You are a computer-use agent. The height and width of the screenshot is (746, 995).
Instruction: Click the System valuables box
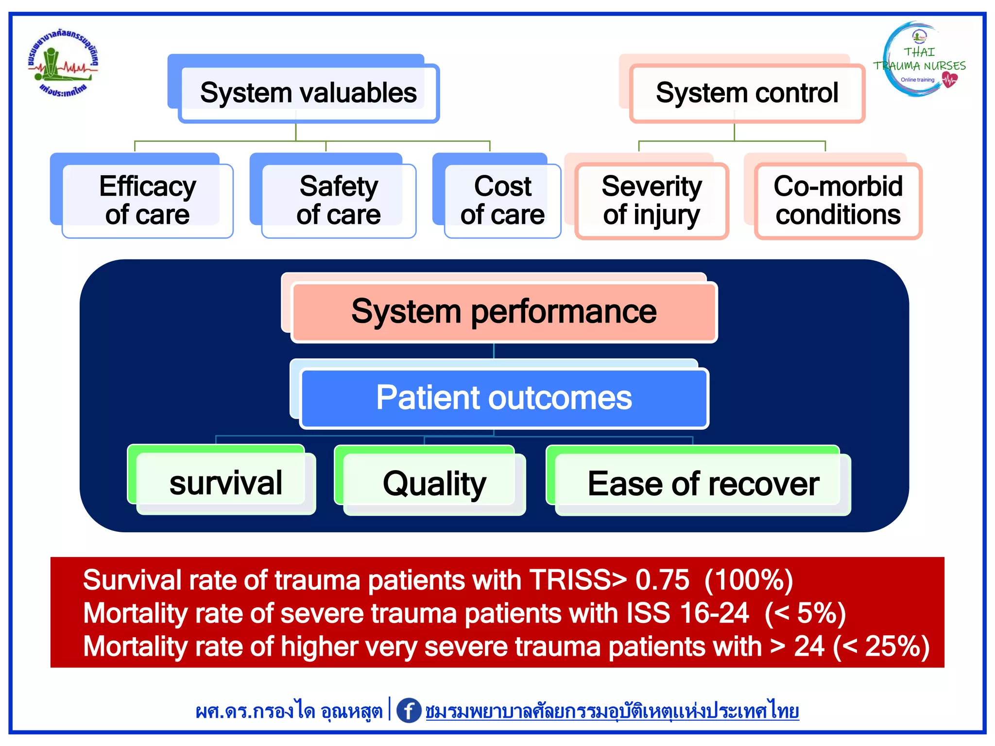coord(309,93)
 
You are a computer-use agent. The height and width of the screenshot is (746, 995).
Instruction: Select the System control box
coord(747,93)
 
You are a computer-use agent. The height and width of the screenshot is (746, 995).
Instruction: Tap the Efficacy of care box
coord(147,200)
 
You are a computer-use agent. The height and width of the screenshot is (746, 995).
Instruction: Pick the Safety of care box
coord(339,200)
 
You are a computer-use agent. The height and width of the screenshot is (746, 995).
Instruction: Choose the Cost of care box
coord(502,200)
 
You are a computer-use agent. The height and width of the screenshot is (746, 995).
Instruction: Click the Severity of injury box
coord(652,200)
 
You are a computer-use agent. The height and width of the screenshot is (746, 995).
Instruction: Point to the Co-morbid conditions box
coord(838,200)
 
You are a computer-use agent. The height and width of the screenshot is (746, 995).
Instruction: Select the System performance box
coord(504,312)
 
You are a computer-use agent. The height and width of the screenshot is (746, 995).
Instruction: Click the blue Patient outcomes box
coord(504,398)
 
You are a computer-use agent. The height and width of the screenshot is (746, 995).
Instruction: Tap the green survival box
coord(225,483)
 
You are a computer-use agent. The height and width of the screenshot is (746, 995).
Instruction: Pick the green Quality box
coord(434,484)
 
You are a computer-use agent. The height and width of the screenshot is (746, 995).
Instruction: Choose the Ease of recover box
coord(703,484)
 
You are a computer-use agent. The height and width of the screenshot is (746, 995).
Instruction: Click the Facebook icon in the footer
coord(409,711)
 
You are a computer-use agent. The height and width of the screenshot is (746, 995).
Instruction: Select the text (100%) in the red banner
coord(748,580)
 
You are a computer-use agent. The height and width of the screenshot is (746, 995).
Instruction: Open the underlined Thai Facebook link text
coord(612,712)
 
